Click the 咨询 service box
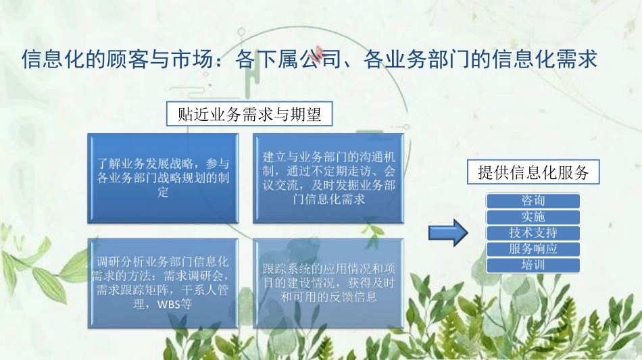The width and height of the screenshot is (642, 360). point(533,201)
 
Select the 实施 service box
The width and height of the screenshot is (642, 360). point(533,217)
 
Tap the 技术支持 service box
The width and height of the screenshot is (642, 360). point(533,233)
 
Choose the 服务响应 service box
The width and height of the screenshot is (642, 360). point(533,249)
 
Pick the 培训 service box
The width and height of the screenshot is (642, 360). point(533,265)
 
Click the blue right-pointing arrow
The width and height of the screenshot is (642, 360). point(449,232)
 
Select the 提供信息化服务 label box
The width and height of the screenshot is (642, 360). point(533,173)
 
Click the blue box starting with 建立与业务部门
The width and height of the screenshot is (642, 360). point(329,178)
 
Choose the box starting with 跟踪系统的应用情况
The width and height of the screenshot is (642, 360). point(329,282)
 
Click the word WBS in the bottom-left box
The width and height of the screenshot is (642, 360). point(169,305)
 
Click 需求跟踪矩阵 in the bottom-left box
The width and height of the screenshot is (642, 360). point(123,290)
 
